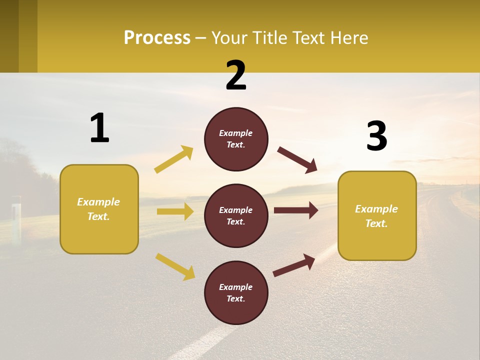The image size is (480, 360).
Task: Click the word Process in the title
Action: click(157, 37)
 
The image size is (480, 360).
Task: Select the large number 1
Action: click(99, 128)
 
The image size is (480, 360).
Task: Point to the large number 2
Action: click(236, 75)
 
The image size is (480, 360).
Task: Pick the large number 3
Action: click(376, 136)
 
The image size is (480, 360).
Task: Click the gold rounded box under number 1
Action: click(99, 209)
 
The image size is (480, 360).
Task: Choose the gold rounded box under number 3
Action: click(377, 215)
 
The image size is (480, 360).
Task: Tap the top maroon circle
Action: click(236, 139)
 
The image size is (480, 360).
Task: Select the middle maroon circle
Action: click(236, 215)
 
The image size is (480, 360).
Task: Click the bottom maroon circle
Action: click(236, 292)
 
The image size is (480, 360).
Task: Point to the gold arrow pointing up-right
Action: click(174, 159)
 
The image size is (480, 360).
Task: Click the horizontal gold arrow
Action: click(175, 211)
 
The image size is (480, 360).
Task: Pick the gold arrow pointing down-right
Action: click(175, 266)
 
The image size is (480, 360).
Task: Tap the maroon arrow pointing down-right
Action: click(297, 160)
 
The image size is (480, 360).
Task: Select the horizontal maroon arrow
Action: click(295, 210)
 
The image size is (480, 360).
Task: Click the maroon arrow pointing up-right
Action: click(294, 265)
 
